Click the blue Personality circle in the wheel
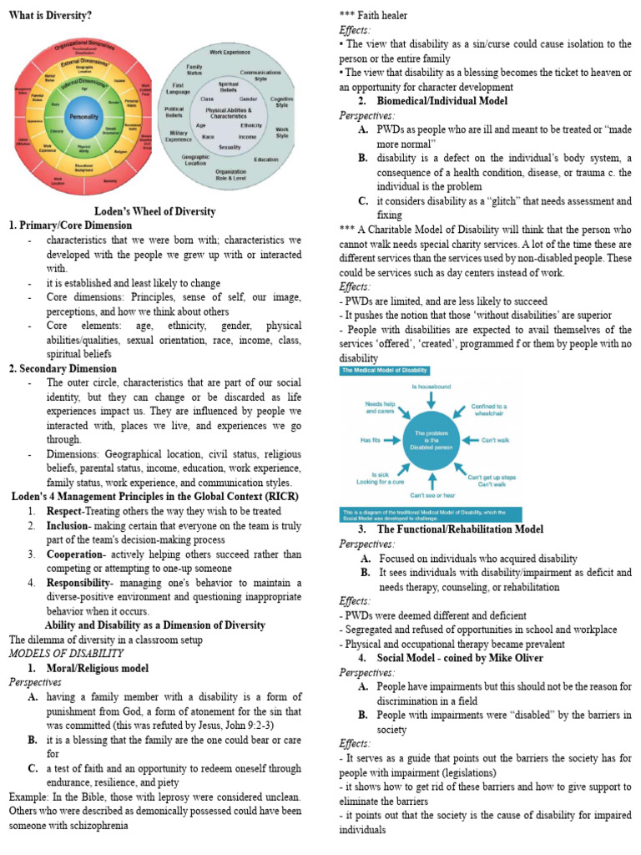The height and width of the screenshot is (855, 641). pyautogui.click(x=83, y=117)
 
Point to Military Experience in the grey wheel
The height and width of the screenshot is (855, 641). pyautogui.click(x=178, y=136)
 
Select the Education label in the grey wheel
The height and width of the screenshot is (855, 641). pyautogui.click(x=266, y=159)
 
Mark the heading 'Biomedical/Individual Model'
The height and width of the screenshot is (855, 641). pyautogui.click(x=439, y=101)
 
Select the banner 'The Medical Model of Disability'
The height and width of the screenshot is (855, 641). pyautogui.click(x=385, y=370)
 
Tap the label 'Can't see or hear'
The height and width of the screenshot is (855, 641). pyautogui.click(x=431, y=495)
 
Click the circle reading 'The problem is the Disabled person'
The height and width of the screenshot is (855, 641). pyautogui.click(x=431, y=439)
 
